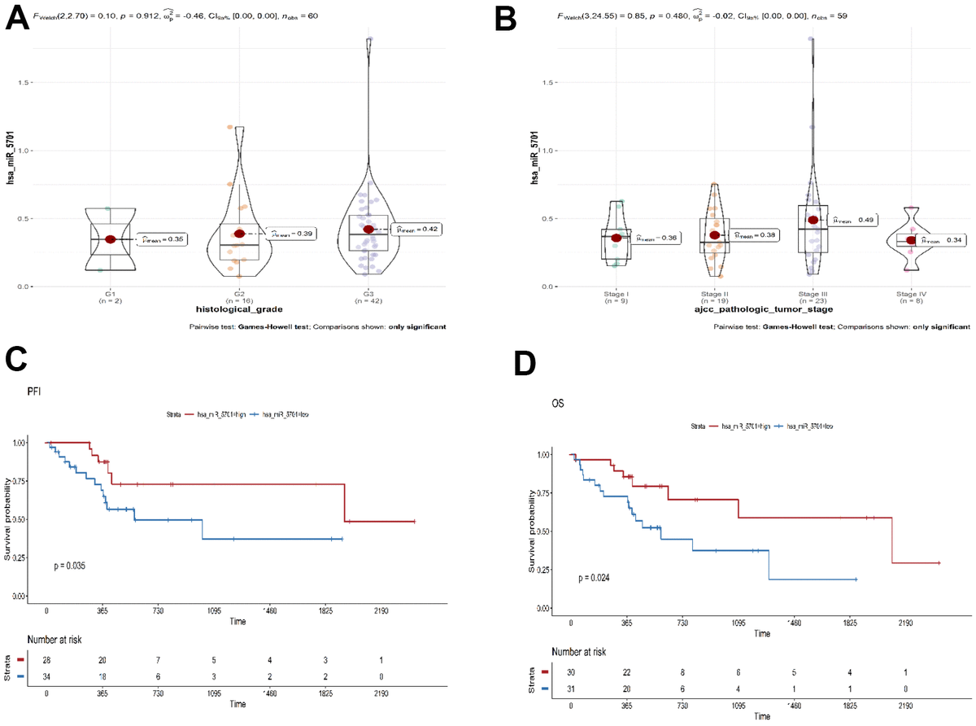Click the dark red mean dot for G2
tap(239, 234)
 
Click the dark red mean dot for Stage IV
tap(911, 240)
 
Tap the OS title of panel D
tap(560, 401)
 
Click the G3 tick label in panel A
tap(368, 294)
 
